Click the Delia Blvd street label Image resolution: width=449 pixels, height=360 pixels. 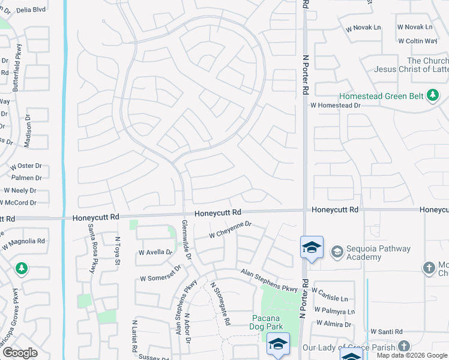click(31, 10)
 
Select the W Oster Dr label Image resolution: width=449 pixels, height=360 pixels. click(25, 166)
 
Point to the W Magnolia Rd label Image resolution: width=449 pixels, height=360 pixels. click(23, 242)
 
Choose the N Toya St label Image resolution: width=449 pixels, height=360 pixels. click(118, 245)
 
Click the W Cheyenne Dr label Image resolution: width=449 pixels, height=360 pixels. click(230, 230)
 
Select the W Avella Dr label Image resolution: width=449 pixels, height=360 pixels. click(155, 253)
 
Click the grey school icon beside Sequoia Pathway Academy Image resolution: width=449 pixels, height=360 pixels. click(337, 250)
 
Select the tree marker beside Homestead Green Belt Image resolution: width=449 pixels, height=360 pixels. click(432, 95)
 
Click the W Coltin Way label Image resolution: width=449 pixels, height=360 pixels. click(417, 41)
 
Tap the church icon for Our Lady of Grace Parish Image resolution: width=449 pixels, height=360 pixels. click(404, 346)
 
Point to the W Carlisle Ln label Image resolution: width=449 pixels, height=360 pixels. click(330, 298)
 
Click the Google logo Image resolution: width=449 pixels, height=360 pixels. click(20, 353)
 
